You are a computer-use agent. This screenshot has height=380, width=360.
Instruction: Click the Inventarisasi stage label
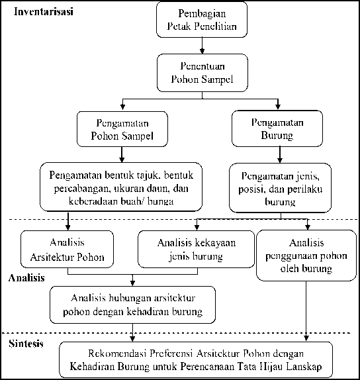[x=44, y=11]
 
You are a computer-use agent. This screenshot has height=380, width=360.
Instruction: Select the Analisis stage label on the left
[x=26, y=278]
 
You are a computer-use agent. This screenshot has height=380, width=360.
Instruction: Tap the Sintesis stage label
[x=26, y=344]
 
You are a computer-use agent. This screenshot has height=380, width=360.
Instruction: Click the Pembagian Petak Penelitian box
[x=202, y=20]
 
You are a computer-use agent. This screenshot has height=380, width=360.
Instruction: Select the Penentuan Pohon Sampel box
[x=202, y=73]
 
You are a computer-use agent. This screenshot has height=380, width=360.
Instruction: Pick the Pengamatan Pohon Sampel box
[x=122, y=129]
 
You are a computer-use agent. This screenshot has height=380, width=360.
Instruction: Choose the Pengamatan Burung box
[x=277, y=128]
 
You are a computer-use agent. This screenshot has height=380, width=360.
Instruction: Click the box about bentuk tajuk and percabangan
[x=121, y=187]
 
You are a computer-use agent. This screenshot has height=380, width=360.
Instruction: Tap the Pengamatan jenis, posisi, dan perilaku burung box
[x=280, y=188]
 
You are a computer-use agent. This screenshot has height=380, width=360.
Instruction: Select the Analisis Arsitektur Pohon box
[x=67, y=249]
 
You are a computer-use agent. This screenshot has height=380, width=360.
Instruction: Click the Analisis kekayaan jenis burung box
[x=197, y=249]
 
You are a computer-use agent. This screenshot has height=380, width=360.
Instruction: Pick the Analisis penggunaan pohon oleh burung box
[x=306, y=256]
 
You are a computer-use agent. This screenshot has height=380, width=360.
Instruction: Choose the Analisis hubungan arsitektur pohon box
[x=132, y=305]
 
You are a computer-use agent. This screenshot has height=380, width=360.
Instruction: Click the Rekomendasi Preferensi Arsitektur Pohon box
[x=196, y=360]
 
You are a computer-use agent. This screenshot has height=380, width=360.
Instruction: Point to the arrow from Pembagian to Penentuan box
[x=202, y=46]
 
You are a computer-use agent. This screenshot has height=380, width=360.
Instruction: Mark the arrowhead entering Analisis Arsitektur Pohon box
[x=68, y=227]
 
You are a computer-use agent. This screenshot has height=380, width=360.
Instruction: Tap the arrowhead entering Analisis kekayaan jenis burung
[x=197, y=227]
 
